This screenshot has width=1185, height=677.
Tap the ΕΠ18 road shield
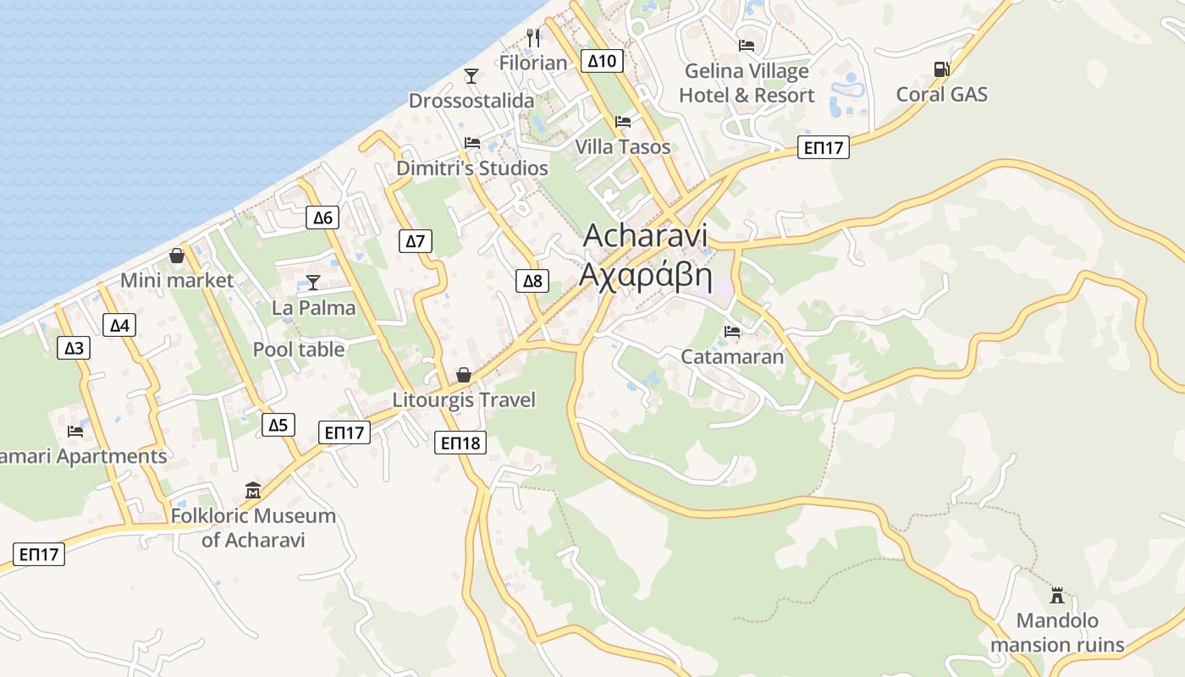pos(460,442)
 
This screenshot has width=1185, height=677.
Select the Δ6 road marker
pos(322,217)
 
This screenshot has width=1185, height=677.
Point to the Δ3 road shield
pos(74,347)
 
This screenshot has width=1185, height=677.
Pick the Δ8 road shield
pos(532,281)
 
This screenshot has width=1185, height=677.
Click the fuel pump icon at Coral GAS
pos(941,69)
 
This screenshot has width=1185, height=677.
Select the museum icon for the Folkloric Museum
pos(252,490)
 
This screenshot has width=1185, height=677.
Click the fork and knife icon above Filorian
pos(532,38)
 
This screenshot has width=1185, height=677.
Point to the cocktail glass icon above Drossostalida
pos(471,76)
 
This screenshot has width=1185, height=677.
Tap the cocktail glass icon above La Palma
pos(313,283)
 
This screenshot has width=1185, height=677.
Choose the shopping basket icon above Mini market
pos(177,255)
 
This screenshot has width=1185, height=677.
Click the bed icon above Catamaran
pos(732,331)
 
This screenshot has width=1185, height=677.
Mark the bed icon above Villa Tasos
pos(623,122)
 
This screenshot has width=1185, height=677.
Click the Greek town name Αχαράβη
pos(645,275)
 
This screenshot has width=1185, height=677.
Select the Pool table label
pos(299,350)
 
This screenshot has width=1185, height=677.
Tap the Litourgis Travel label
pos(464,399)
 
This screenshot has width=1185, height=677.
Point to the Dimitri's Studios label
pos(472,168)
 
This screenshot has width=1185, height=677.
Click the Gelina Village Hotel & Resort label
pos(747,83)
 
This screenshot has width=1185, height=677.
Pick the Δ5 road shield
pos(278,425)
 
